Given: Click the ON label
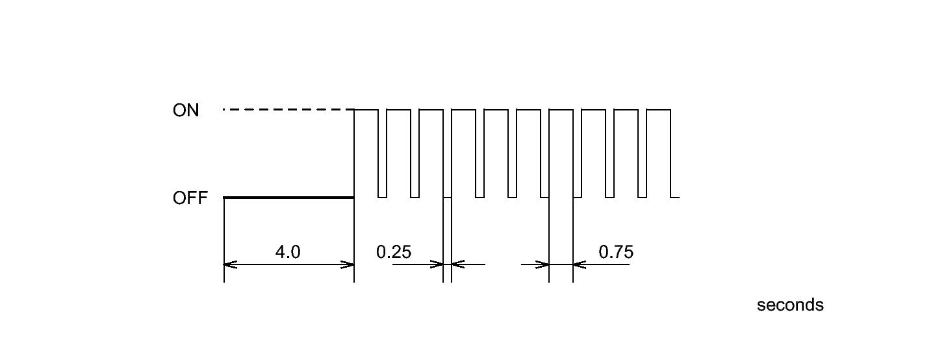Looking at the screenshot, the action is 186,110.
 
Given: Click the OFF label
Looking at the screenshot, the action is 190,198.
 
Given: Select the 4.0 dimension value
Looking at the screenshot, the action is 288,251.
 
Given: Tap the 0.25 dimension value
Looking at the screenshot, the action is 394,251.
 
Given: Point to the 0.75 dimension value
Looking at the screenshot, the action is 616,251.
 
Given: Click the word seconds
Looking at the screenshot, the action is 790,305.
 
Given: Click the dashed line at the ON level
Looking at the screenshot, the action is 288,110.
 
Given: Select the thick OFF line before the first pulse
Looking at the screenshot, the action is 288,197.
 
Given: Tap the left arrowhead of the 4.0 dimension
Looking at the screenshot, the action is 231,264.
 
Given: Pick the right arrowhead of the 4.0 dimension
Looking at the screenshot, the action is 348,264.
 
